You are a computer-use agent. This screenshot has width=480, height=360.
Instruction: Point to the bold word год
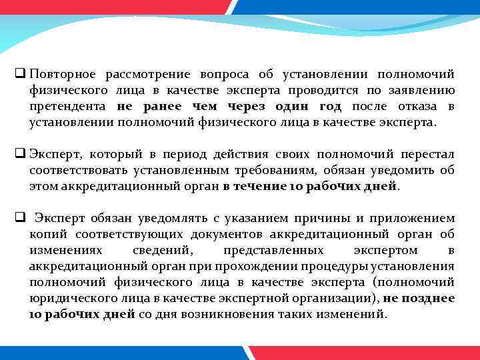click(327, 106)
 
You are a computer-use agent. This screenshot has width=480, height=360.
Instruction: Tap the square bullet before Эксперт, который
click(19, 153)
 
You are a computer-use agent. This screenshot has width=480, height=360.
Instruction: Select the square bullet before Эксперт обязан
click(19, 217)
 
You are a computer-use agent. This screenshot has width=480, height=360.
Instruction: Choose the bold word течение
click(267, 187)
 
